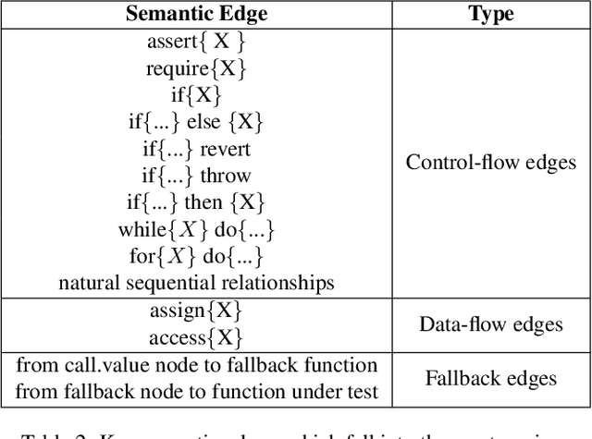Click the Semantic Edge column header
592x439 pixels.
pos(195,15)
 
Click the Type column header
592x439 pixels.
pos(491,15)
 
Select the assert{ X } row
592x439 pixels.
pos(195,42)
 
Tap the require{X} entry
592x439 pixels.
pos(195,68)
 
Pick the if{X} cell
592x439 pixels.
pos(195,95)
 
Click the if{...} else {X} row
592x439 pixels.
pos(195,122)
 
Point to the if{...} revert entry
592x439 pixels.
pos(195,149)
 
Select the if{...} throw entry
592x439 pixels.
pos(195,176)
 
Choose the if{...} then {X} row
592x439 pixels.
pos(195,202)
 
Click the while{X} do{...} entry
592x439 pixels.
pos(195,229)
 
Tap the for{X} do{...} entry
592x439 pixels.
pos(195,256)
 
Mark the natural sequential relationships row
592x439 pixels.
pos(195,283)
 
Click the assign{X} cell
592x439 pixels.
pos(195,311)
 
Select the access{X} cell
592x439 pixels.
pos(195,337)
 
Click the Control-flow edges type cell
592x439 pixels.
pos(491,162)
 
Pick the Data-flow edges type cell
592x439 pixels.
pos(491,324)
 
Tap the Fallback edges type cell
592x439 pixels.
pos(491,378)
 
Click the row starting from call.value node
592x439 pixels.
pos(195,365)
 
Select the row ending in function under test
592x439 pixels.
pos(195,392)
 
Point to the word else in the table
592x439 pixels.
pos(204,122)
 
